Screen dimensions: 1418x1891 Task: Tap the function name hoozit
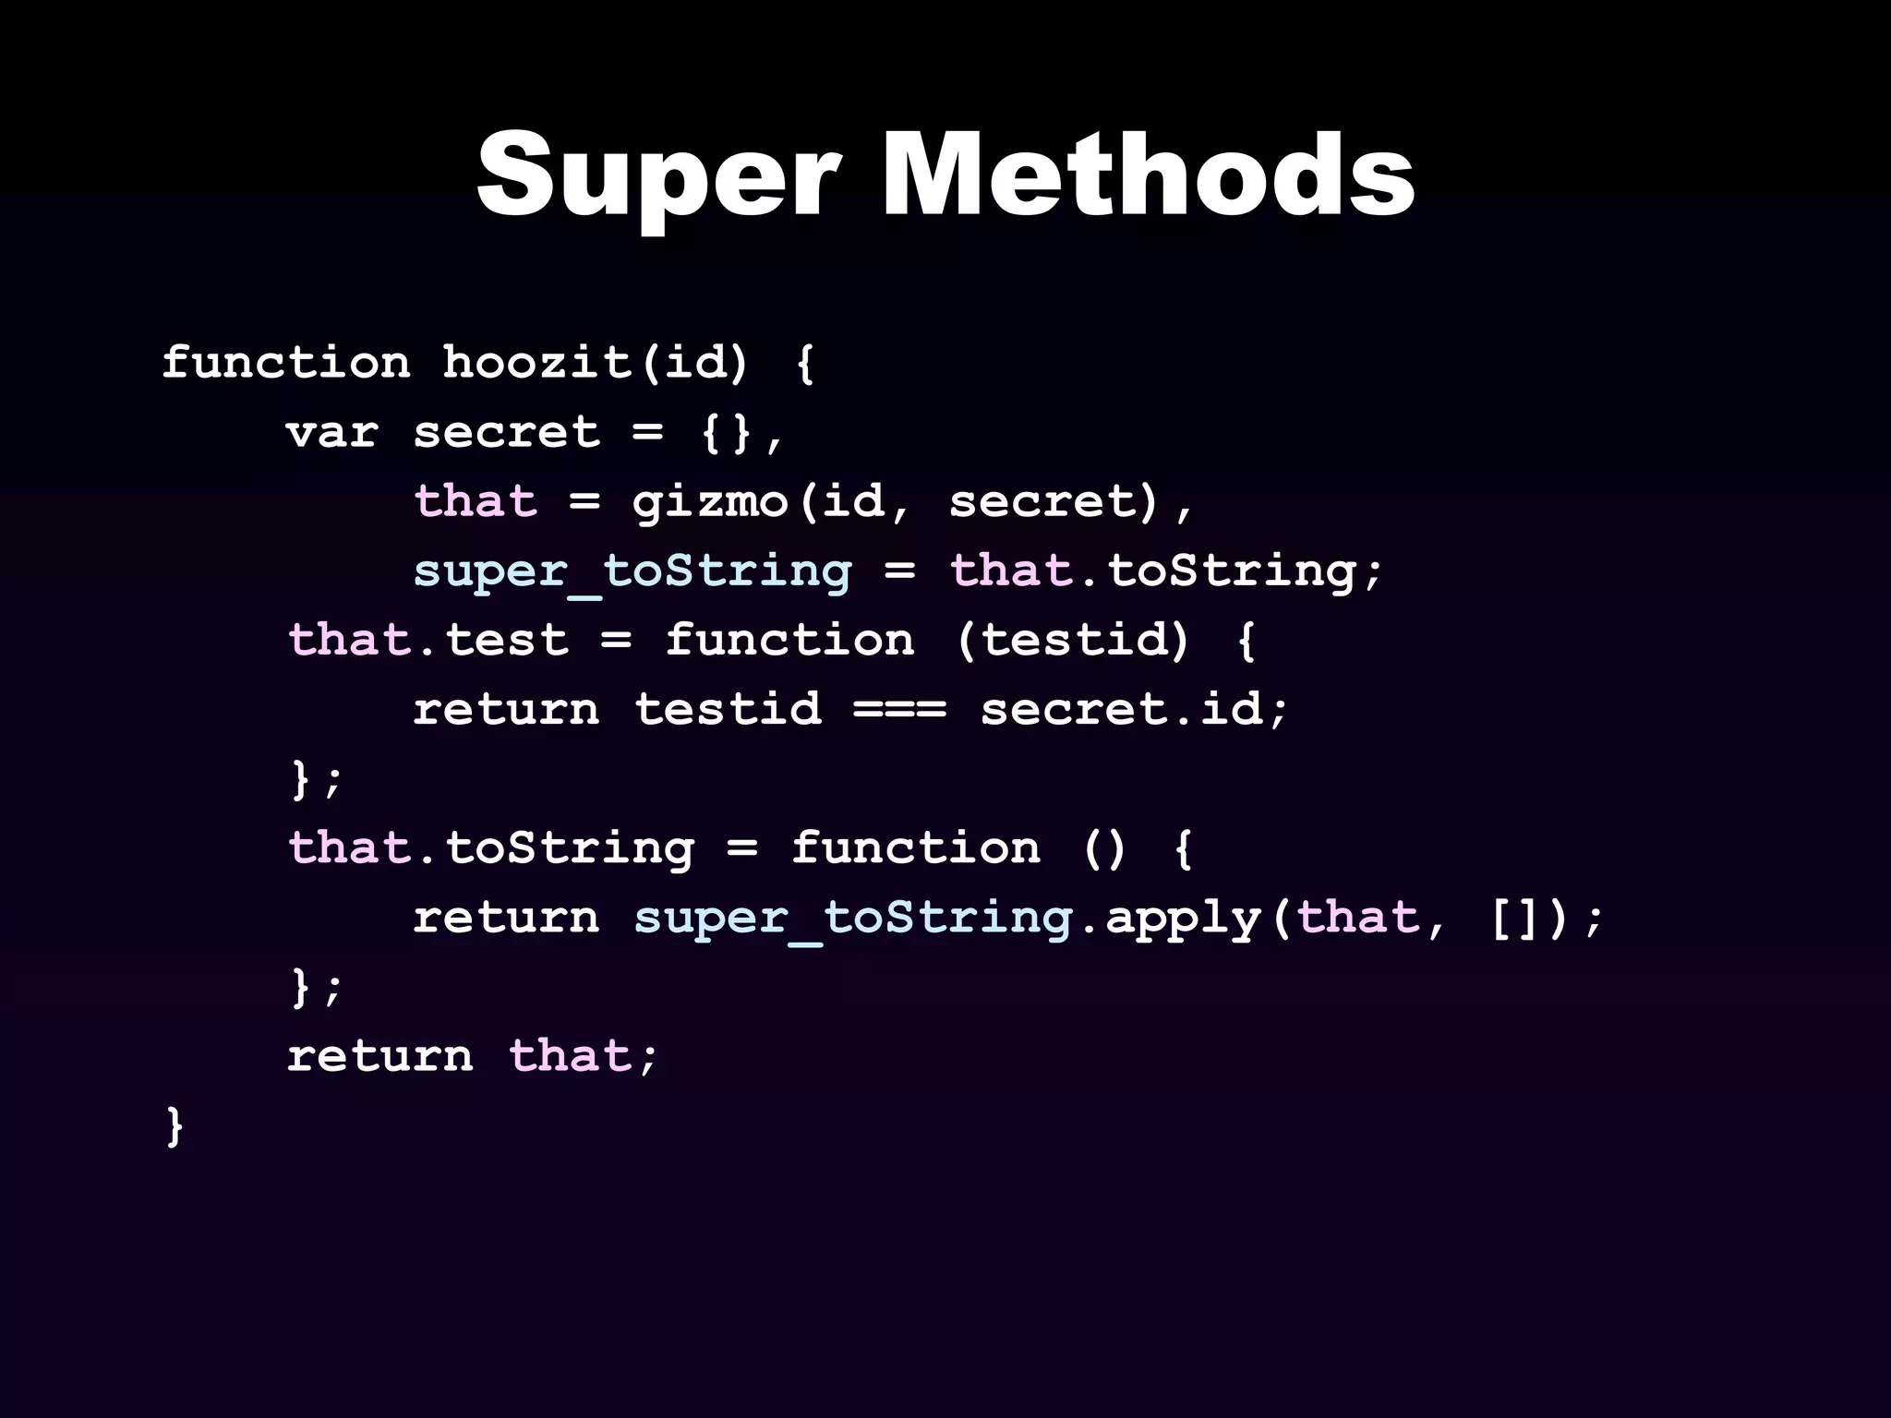coord(536,362)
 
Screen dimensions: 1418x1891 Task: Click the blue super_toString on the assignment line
coord(632,571)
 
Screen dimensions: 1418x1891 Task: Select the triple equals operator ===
coord(900,710)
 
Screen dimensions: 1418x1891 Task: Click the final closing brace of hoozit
coord(175,1126)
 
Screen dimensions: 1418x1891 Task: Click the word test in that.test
coord(507,640)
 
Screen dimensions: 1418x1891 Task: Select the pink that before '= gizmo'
coord(476,502)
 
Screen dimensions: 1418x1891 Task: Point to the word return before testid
coord(506,710)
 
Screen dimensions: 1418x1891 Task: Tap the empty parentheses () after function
coord(1104,848)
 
